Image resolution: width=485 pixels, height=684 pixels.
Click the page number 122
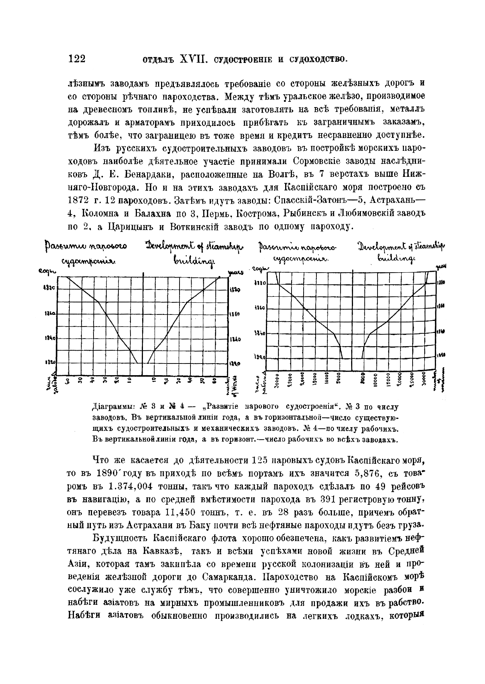[x=77, y=59]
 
